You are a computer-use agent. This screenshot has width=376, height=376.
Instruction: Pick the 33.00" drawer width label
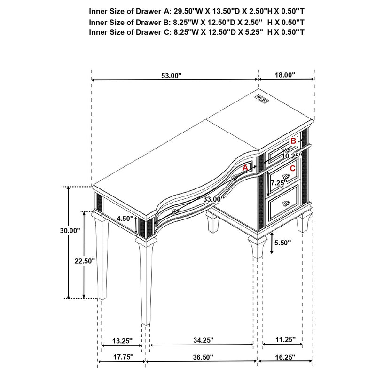(213, 199)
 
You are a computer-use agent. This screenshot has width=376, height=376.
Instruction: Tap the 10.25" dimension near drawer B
(291, 156)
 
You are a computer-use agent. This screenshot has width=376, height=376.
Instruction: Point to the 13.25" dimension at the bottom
(122, 340)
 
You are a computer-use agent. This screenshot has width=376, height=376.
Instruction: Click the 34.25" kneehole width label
(204, 340)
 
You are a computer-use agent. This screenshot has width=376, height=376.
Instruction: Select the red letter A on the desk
(245, 167)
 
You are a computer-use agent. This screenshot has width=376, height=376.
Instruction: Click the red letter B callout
(293, 140)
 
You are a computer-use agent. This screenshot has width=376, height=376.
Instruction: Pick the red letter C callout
(292, 168)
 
